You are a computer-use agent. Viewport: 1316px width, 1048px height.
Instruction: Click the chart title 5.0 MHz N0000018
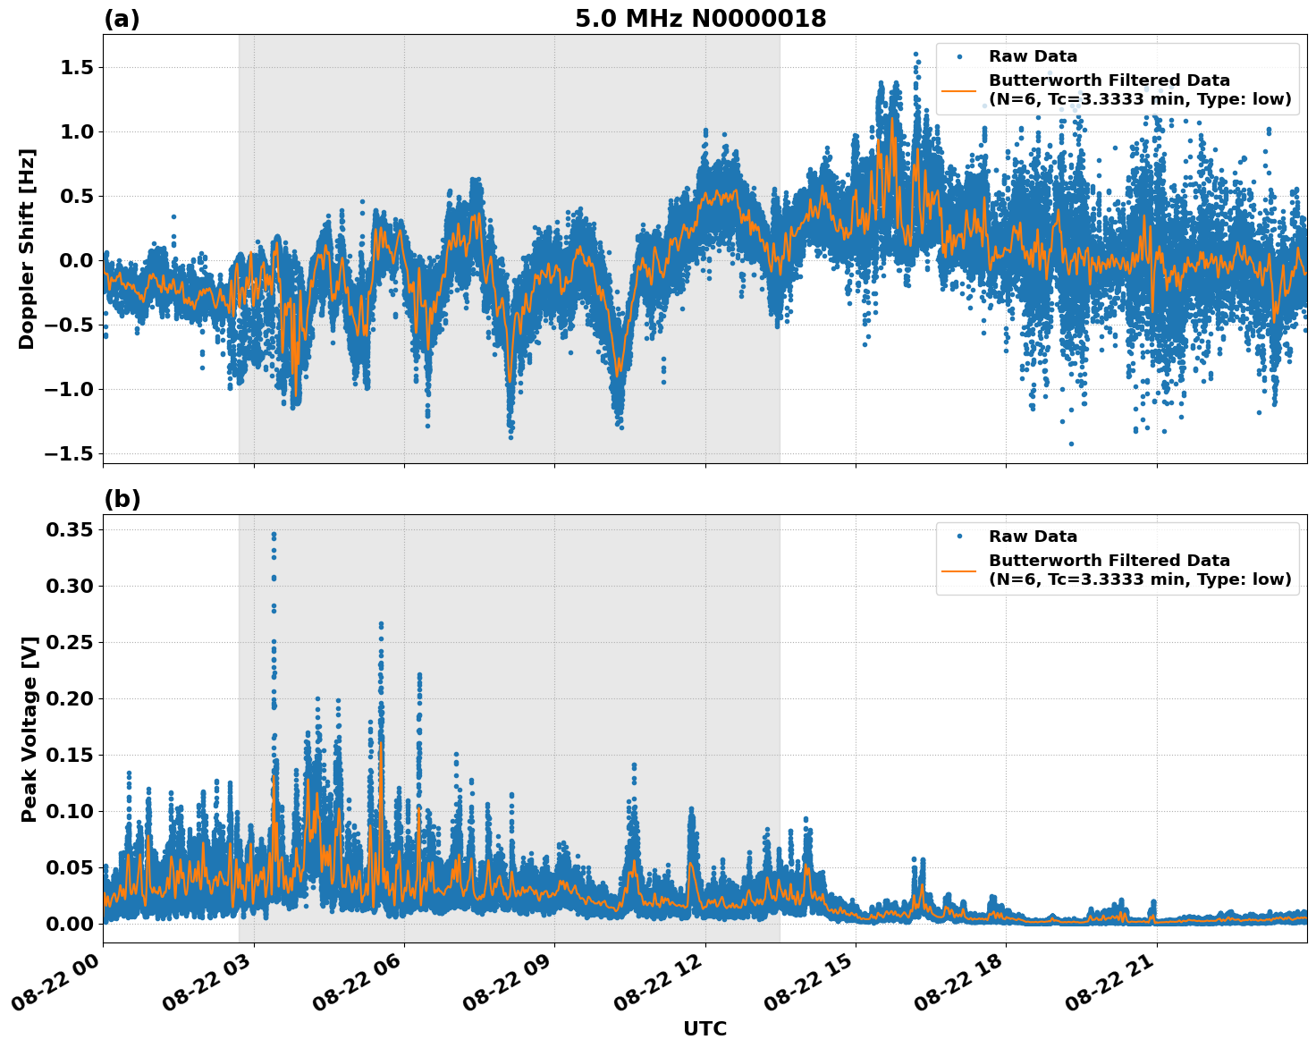(x=700, y=19)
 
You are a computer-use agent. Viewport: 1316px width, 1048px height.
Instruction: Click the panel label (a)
(x=122, y=19)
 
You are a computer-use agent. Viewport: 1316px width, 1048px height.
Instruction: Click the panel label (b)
(x=122, y=499)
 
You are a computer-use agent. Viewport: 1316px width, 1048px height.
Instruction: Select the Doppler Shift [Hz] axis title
(x=27, y=249)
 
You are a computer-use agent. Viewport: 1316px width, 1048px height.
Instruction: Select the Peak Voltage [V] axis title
(x=29, y=729)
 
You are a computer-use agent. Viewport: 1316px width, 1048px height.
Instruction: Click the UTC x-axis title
(x=704, y=1028)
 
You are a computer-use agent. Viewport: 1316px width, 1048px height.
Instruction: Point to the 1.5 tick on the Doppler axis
(x=75, y=68)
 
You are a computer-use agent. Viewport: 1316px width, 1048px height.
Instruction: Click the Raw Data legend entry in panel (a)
(x=1033, y=56)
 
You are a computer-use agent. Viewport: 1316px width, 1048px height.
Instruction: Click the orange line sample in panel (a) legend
(x=958, y=89)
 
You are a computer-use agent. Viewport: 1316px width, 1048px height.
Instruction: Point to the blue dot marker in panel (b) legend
(x=958, y=537)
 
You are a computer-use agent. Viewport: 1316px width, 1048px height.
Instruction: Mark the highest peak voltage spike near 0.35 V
(x=274, y=535)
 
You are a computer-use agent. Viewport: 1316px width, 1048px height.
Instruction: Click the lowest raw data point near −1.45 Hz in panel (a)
(x=1071, y=444)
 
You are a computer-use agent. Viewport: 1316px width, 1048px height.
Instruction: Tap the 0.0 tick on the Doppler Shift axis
(x=75, y=260)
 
